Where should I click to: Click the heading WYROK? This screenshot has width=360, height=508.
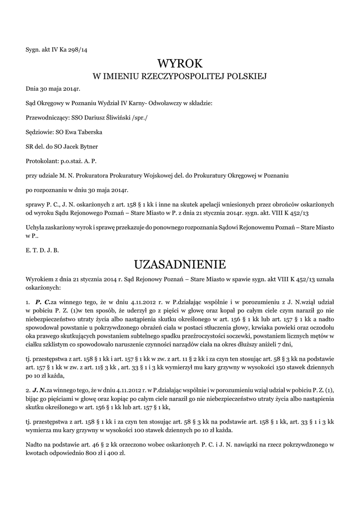point(180,63)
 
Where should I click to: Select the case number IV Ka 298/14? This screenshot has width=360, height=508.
point(72,50)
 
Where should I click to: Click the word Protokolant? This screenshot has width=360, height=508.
point(42,161)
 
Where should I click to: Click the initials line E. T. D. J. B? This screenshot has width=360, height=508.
point(42,250)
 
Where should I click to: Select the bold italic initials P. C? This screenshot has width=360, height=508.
point(42,302)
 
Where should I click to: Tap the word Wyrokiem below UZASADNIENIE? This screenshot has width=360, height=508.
point(39,280)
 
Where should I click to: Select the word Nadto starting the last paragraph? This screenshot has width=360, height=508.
point(34,443)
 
